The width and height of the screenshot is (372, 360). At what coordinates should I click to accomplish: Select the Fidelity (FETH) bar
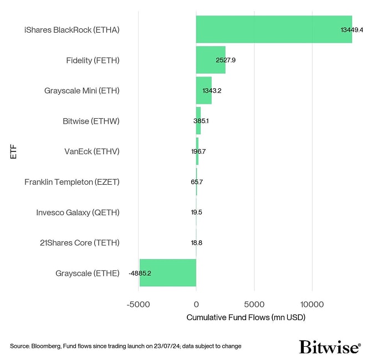211,60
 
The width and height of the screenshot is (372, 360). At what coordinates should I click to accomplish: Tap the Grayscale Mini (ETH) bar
203,90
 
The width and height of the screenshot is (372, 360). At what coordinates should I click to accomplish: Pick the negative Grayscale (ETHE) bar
168,273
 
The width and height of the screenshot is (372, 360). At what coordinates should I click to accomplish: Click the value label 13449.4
351,29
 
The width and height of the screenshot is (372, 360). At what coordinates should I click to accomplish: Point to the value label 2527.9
226,60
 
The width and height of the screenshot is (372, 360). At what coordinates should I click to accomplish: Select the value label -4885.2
140,273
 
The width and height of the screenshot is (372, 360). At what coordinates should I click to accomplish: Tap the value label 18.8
197,242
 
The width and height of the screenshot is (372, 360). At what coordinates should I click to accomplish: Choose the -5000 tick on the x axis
139,304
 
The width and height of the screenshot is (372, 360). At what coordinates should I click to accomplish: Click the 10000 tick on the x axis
312,304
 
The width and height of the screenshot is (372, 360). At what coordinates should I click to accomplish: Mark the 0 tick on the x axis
196,304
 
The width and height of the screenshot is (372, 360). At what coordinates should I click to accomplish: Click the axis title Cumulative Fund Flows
246,318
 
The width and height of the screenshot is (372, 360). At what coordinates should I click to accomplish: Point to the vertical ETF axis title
13,151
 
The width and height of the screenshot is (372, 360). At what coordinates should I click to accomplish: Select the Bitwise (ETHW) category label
91,121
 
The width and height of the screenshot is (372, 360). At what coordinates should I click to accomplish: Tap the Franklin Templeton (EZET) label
72,182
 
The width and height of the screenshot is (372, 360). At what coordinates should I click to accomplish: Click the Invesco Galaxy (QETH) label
78,212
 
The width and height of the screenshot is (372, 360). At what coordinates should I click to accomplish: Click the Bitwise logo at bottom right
330,347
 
